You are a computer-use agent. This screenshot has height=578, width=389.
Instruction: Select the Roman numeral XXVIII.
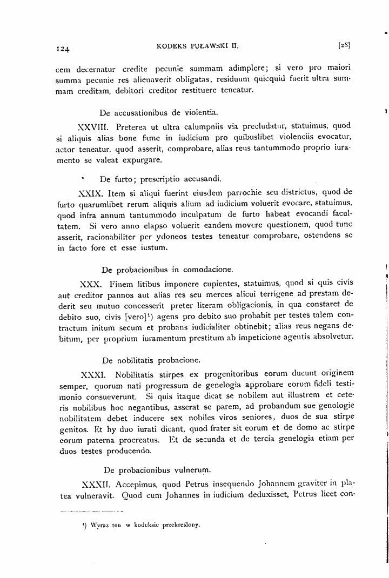pos(94,127)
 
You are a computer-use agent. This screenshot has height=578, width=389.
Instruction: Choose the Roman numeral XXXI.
pos(92,359)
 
